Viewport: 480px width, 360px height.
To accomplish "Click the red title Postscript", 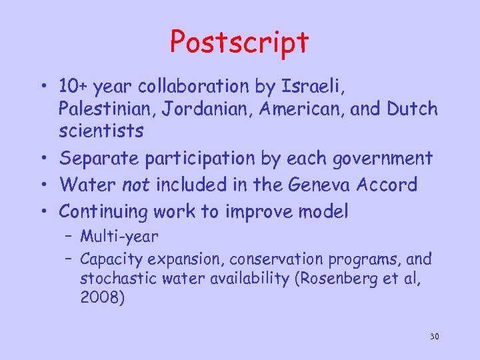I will click(x=239, y=42).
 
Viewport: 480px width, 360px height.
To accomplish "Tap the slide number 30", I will click(x=434, y=336).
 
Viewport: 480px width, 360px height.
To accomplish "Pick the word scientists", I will click(x=101, y=131).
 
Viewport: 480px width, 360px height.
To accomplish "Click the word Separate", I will click(x=97, y=159).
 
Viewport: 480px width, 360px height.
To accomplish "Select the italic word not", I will click(x=137, y=185).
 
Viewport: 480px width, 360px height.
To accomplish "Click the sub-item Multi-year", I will click(x=119, y=236).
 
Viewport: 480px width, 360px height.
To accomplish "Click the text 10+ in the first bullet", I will click(x=73, y=87).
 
